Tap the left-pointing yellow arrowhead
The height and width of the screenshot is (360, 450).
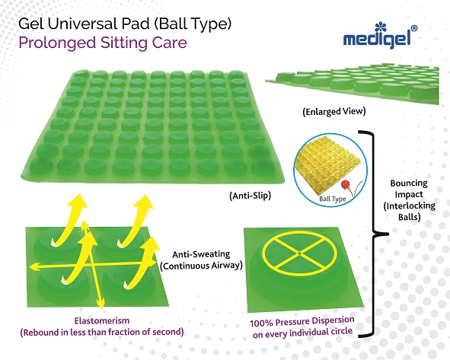pyautogui.click(x=31, y=267)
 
